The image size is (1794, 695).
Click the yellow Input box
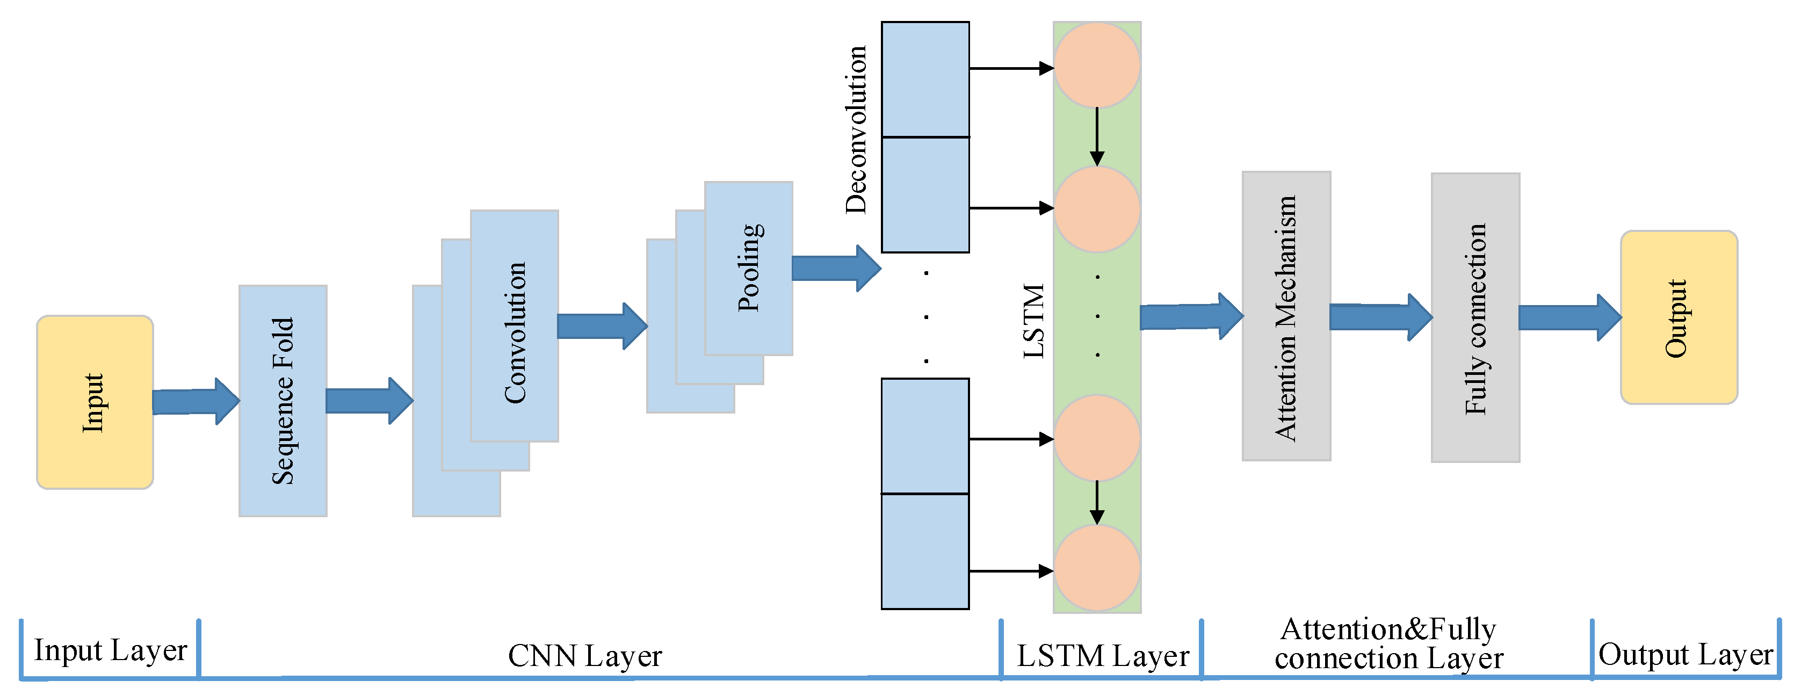point(95,402)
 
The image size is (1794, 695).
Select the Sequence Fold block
point(283,401)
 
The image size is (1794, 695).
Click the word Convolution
point(515,333)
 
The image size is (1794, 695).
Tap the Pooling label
point(749,267)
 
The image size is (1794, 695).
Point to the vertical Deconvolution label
point(856,129)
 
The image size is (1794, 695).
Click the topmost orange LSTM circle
point(1097,65)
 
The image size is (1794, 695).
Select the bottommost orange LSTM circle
point(1097,568)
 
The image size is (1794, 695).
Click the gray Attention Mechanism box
point(1286,317)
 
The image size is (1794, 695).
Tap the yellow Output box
point(1679,317)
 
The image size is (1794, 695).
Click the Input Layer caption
point(111,650)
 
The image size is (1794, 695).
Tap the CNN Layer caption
point(585,656)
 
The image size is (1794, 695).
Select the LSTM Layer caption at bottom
point(1102,656)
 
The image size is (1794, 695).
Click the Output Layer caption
point(1686,655)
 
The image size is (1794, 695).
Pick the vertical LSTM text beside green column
point(1034,321)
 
